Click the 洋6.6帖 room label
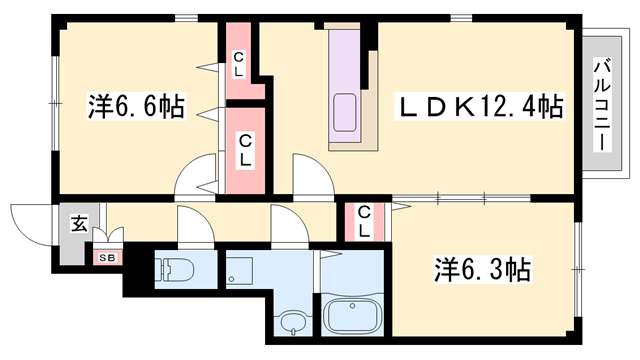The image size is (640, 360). tap(137, 106)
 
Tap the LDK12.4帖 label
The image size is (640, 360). tap(479, 106)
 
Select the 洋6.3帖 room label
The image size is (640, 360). tap(482, 269)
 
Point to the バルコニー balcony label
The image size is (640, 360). tap(602, 105)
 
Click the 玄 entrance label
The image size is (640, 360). tap(79, 223)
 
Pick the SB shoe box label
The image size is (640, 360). tap(107, 258)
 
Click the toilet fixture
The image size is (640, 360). tap(174, 269)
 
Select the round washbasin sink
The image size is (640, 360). tap(293, 321)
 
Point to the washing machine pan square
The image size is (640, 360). tap(240, 271)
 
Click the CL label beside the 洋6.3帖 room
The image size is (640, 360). tap(364, 222)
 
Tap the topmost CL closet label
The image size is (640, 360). tap(238, 65)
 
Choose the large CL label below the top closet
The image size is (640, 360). tap(245, 150)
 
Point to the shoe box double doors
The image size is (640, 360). tap(108, 236)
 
